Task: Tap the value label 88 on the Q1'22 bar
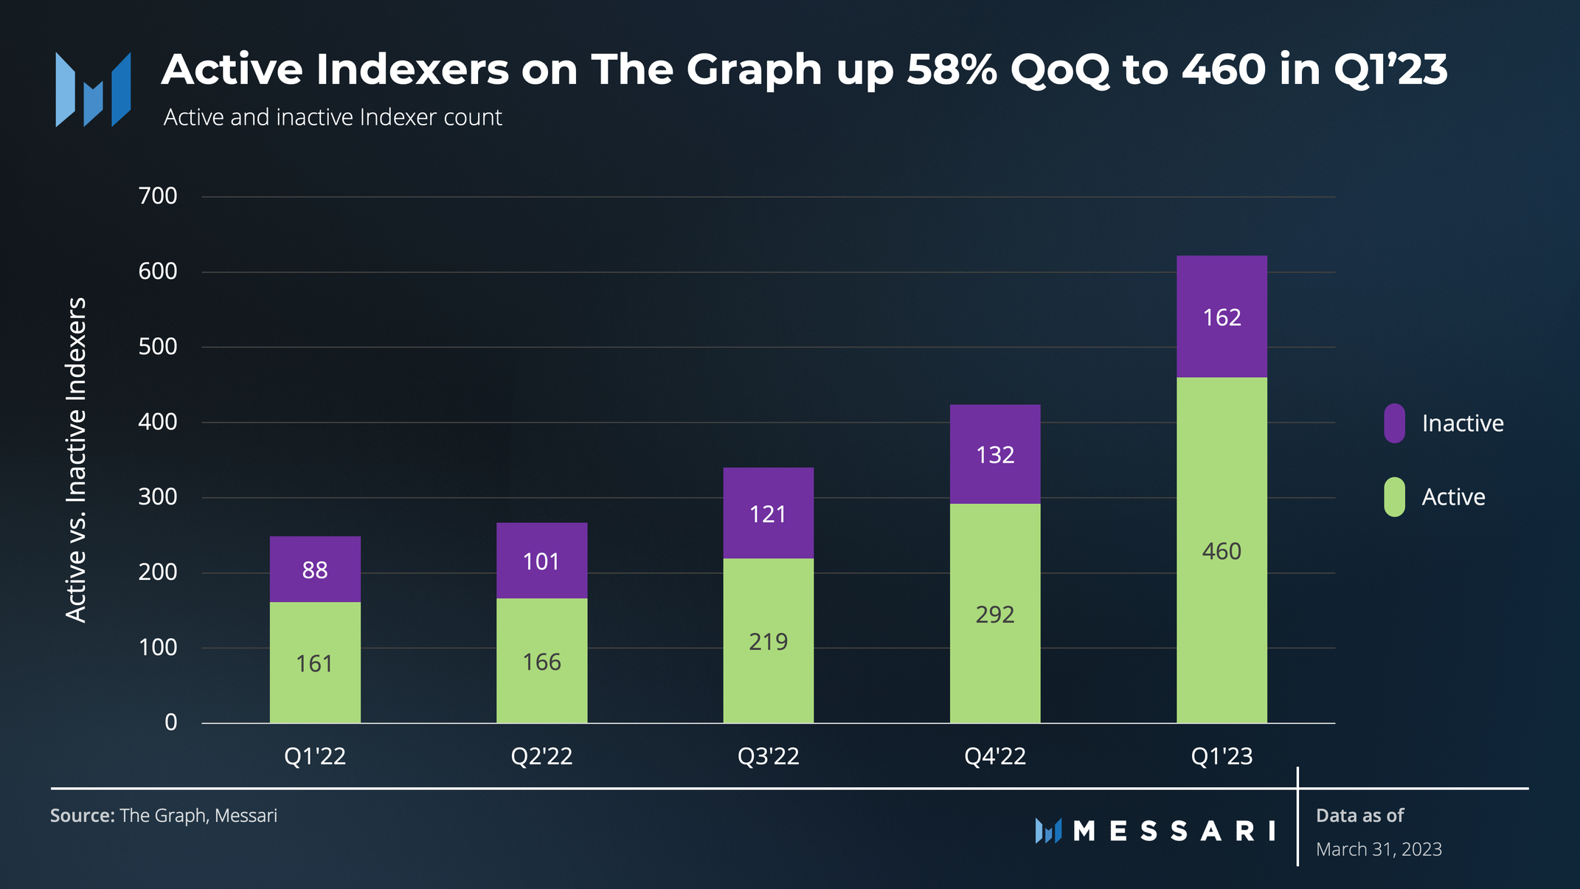pos(315,570)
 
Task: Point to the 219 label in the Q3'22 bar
pos(768,642)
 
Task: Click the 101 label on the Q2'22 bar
pos(541,562)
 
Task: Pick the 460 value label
pos(1222,551)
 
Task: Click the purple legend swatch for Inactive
pos(1394,423)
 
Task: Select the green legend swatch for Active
pos(1394,497)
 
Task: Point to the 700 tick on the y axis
pos(158,196)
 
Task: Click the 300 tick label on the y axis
pos(158,497)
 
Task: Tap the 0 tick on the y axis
pos(170,722)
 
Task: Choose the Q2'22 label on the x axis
pos(541,756)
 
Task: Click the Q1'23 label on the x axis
pos(1222,756)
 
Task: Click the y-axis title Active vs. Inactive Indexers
pos(76,460)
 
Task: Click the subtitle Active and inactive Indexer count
pos(333,117)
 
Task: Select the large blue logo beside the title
pos(94,89)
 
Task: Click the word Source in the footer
pos(82,816)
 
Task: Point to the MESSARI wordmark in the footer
pos(1173,831)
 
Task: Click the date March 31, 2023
pos(1379,849)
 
